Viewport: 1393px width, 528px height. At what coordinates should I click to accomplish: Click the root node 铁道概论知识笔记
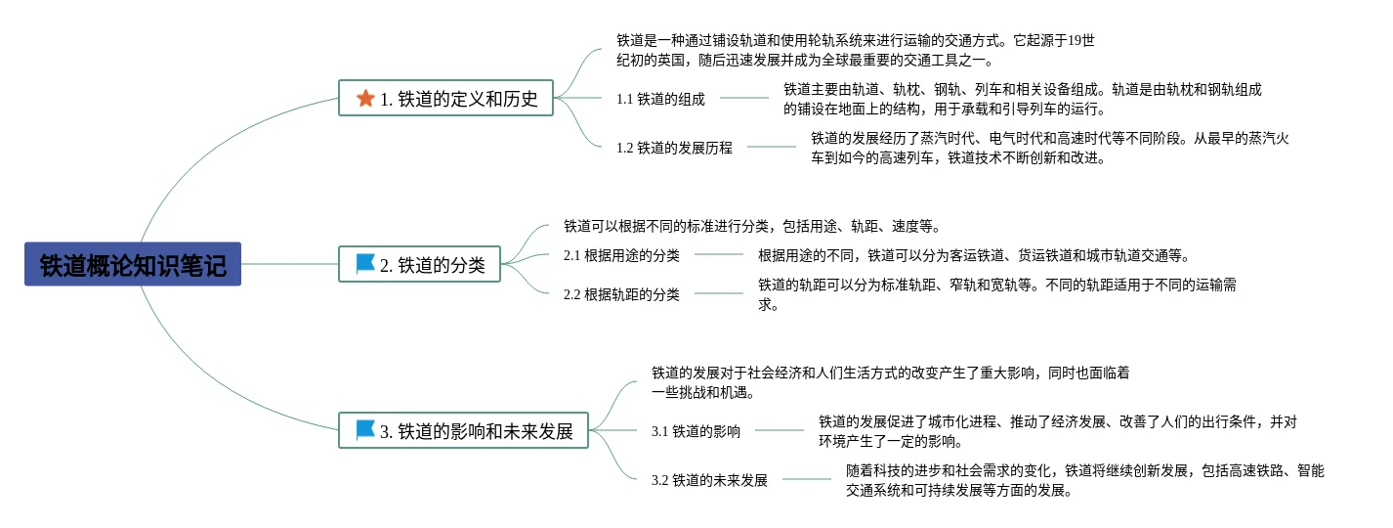pos(133,265)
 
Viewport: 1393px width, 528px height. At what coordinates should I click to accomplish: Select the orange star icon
pos(365,98)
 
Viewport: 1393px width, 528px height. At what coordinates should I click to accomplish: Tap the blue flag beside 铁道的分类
pos(365,264)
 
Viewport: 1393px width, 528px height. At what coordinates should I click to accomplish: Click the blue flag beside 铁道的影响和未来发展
pos(365,429)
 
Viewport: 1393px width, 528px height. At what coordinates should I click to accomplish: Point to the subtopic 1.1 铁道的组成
pos(660,99)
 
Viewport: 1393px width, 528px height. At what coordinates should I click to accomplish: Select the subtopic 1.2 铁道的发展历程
pos(674,148)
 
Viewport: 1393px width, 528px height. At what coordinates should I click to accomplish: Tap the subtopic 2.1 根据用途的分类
pos(621,255)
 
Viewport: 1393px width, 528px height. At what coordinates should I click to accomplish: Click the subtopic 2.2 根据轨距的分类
pos(621,294)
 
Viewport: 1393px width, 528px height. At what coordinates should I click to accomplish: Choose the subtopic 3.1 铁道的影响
pos(696,431)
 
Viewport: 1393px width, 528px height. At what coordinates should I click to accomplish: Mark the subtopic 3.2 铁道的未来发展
pos(709,480)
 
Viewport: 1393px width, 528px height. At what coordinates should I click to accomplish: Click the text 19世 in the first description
pos(1081,40)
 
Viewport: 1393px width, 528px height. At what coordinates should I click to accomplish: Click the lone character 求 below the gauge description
pos(767,304)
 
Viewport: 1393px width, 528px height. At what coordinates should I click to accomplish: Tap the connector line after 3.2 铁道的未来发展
pos(807,479)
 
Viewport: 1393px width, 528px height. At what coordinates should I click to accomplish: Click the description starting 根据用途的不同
pos(973,255)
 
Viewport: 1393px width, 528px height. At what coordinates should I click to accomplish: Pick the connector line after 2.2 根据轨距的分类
pos(718,293)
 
